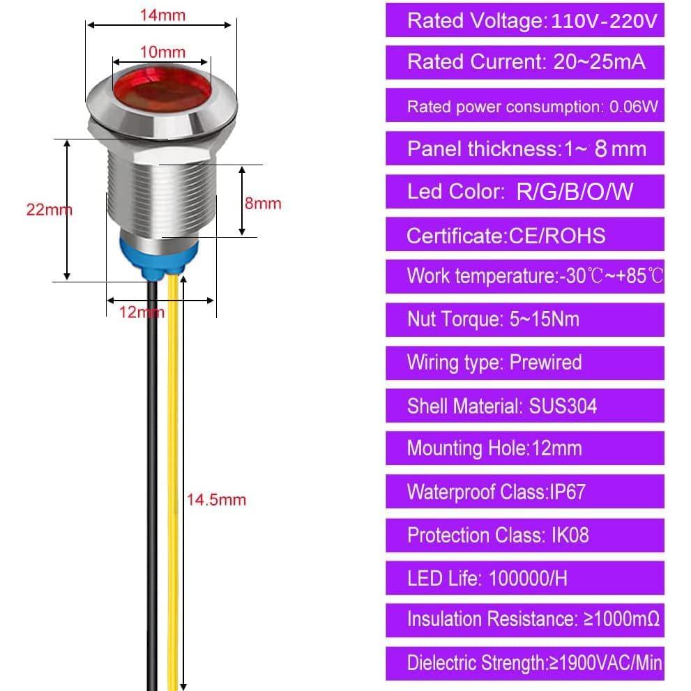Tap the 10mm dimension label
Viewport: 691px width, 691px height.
(x=162, y=52)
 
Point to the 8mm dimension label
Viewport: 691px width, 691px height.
(x=263, y=203)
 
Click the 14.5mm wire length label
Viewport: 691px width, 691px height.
(x=215, y=499)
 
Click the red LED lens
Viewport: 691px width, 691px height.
(x=160, y=86)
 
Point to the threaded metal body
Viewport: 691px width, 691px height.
(x=160, y=195)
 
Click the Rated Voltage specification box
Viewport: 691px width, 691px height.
(x=524, y=20)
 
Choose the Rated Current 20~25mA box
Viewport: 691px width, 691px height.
(x=524, y=63)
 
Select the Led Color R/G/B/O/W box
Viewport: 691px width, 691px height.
(x=524, y=192)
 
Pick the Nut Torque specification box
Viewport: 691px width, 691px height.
(x=524, y=319)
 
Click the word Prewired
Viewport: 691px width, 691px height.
(x=545, y=363)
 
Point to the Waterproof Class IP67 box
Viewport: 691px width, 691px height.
(x=524, y=492)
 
